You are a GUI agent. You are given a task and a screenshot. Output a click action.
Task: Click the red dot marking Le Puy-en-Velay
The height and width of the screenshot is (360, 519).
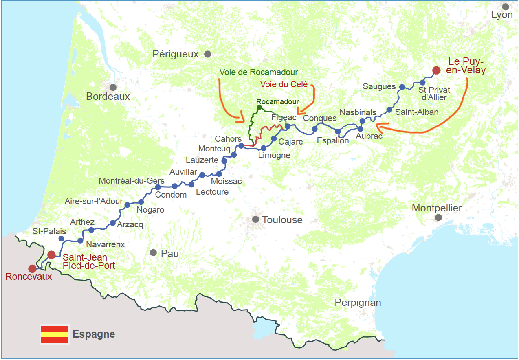[436, 70]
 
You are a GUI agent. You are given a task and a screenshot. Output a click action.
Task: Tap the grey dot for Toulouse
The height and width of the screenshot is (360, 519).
[255, 220]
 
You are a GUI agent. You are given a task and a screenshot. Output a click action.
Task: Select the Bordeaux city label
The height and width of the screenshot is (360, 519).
[108, 97]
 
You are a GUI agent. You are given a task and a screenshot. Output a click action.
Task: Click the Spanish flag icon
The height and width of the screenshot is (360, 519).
[54, 334]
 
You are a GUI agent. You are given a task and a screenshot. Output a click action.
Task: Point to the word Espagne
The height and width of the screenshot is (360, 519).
[94, 334]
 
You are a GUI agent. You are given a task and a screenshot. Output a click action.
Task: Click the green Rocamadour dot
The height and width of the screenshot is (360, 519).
[259, 108]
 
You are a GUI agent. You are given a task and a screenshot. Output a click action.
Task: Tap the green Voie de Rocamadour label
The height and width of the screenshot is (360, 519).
[259, 72]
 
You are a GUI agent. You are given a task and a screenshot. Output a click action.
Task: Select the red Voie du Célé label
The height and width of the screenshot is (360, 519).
[284, 85]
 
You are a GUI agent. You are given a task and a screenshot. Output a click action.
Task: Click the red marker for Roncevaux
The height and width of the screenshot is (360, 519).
[32, 269]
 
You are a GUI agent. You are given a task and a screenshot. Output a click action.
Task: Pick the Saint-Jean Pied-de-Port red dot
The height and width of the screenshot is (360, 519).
[51, 255]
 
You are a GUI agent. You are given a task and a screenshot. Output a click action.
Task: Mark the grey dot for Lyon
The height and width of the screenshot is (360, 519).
[506, 7]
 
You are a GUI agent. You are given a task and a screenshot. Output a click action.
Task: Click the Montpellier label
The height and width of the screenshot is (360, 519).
[437, 208]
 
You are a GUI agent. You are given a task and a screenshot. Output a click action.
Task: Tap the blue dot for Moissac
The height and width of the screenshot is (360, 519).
[219, 174]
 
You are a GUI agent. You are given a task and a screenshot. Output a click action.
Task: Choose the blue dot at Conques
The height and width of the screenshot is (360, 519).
[314, 129]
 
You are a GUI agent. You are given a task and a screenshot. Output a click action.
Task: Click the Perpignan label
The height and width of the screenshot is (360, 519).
[358, 303]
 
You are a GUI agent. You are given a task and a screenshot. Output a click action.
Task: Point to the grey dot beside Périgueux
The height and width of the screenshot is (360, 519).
[207, 54]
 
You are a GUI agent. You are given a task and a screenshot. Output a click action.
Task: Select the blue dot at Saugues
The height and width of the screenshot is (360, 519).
[402, 87]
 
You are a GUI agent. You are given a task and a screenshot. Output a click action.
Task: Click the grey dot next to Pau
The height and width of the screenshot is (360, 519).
[153, 253]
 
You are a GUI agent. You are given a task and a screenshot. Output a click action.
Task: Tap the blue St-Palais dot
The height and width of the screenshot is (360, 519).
[62, 239]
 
